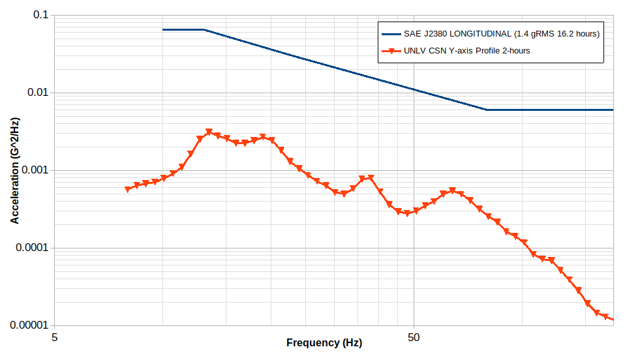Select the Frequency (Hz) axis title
(324, 343)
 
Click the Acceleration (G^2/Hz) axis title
(15, 170)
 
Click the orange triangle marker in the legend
(391, 51)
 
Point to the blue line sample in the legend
(391, 34)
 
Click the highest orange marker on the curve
(209, 132)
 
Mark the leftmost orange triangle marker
(128, 189)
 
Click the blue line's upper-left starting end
(163, 29)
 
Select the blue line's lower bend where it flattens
(487, 110)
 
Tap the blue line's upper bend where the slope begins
(204, 29)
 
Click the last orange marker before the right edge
(605, 317)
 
